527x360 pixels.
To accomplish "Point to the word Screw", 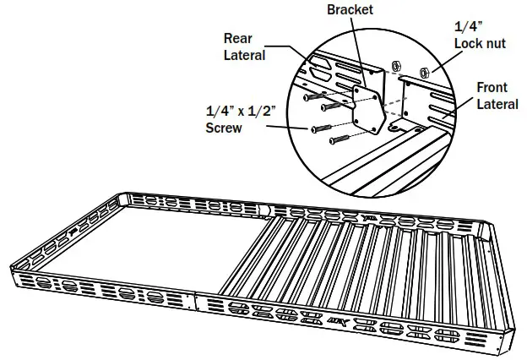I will tap(224, 128).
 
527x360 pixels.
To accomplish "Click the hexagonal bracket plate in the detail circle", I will tap(368, 107).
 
